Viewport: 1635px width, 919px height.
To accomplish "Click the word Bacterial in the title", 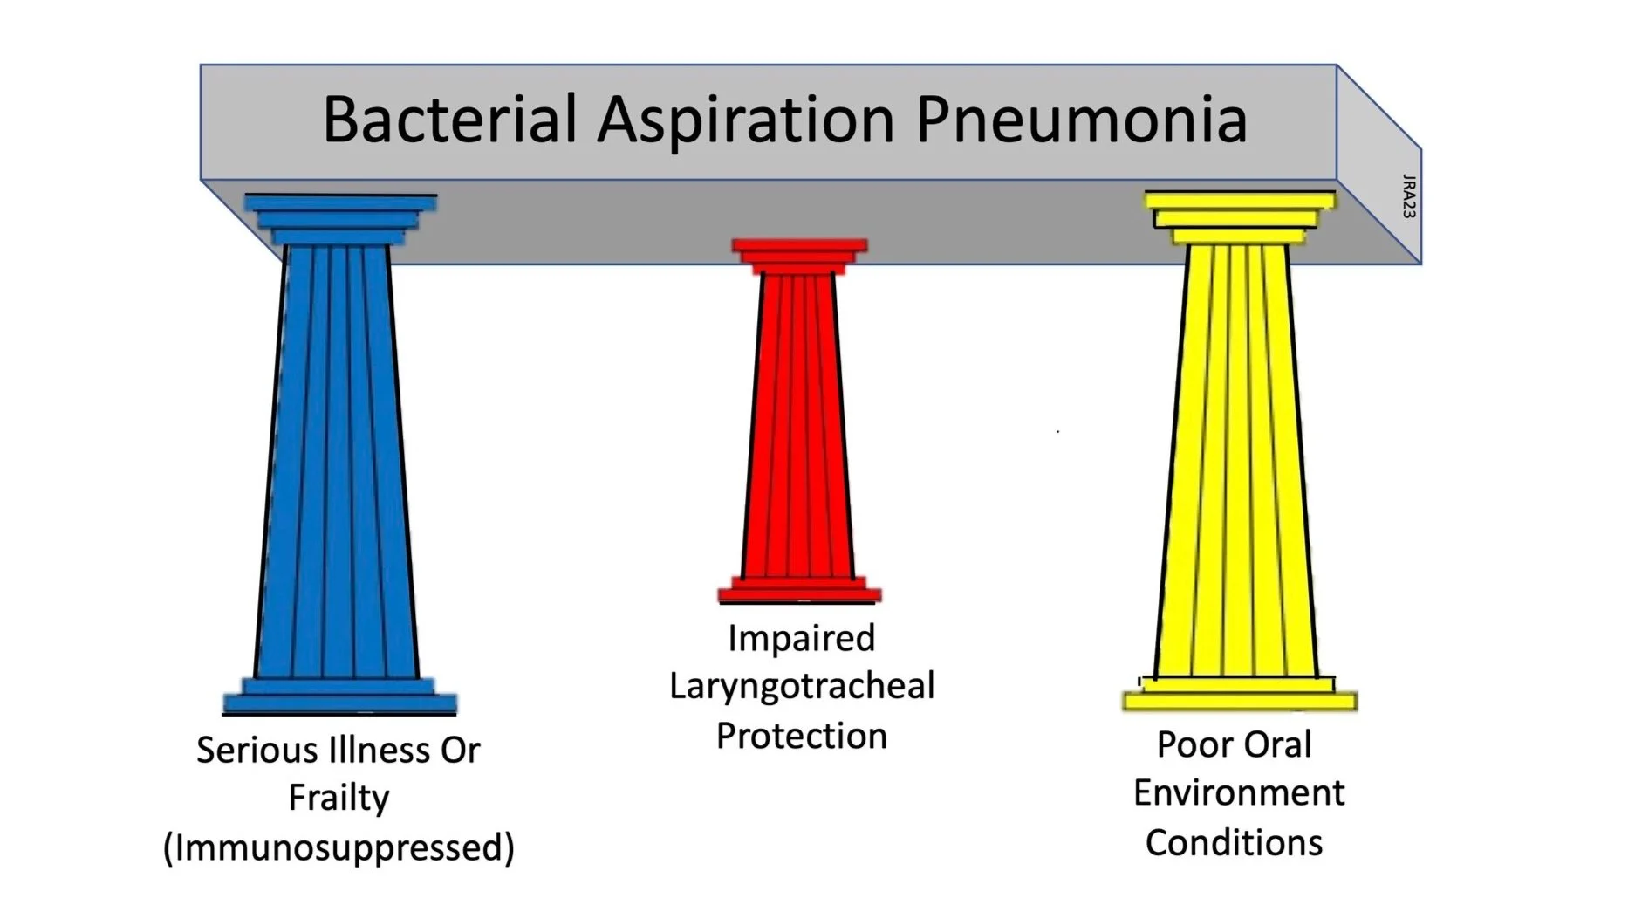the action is click(x=449, y=119).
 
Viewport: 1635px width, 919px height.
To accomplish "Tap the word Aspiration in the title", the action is click(x=746, y=119).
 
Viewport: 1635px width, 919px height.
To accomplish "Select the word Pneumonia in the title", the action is click(x=1081, y=119).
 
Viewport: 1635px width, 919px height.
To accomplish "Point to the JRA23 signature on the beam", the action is click(x=1408, y=195).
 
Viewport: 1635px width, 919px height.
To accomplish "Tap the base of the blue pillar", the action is click(x=340, y=696).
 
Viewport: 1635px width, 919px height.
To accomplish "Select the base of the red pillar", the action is click(x=800, y=589).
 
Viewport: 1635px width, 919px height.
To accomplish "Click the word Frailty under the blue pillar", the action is click(x=339, y=798).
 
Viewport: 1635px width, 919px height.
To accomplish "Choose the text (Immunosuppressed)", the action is click(x=339, y=847).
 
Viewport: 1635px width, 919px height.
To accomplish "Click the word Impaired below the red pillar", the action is click(x=801, y=638).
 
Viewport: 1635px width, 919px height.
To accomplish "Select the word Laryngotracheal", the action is click(x=801, y=686).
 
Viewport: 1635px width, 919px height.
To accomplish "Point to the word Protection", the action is click(x=801, y=736).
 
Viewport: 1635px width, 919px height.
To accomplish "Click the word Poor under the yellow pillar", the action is click(x=1192, y=744).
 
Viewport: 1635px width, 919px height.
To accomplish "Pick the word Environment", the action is click(x=1238, y=793).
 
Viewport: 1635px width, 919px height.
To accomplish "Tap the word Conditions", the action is click(x=1234, y=842).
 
